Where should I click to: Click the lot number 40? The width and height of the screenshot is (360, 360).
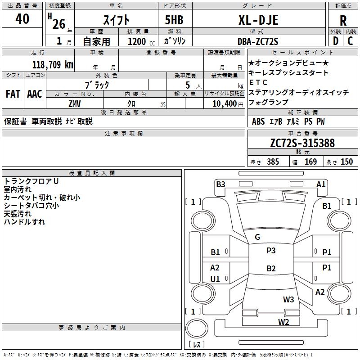tap(22, 19)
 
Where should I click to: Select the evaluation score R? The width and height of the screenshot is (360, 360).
tap(343, 21)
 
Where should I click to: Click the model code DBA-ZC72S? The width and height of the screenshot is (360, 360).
tap(258, 41)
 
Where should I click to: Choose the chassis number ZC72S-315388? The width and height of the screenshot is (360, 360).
tap(302, 143)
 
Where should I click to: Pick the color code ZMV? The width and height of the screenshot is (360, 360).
tap(74, 103)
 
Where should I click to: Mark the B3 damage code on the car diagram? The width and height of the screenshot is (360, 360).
tap(220, 184)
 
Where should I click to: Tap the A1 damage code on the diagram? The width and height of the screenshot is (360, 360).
tap(321, 184)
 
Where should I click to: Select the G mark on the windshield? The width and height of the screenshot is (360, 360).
tap(257, 237)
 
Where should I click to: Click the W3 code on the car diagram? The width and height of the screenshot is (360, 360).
tap(288, 299)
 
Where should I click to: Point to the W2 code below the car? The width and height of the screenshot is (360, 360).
tap(283, 321)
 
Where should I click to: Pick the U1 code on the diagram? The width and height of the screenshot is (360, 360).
tap(215, 279)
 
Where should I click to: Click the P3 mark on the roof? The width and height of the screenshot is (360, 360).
tap(271, 251)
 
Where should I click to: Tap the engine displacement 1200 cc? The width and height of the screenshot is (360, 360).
tap(139, 41)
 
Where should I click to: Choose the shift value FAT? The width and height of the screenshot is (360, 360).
tap(13, 94)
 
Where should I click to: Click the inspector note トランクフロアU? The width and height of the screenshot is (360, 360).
tap(31, 181)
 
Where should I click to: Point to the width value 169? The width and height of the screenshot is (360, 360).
tap(310, 162)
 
